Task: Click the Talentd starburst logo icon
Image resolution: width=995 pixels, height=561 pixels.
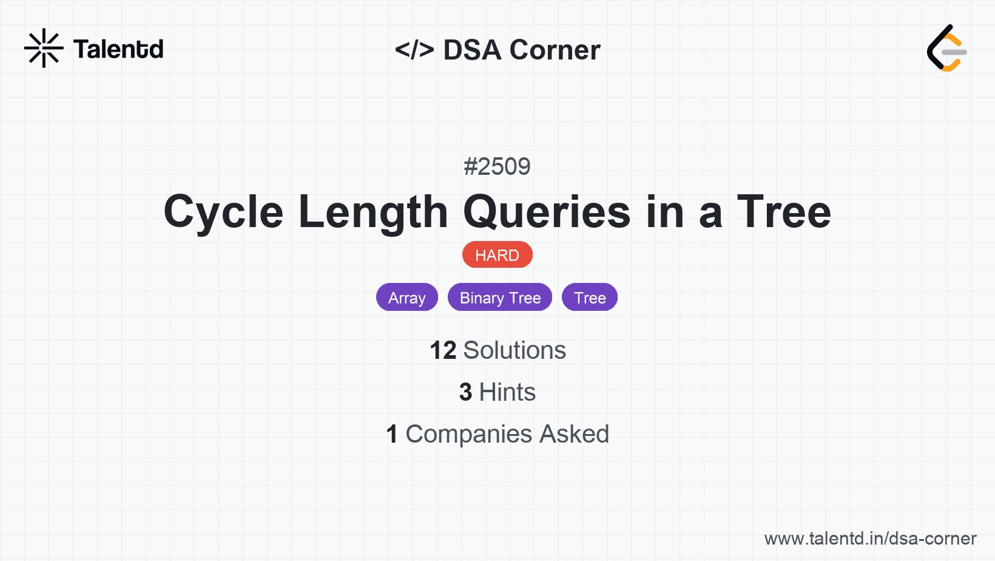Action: [44, 48]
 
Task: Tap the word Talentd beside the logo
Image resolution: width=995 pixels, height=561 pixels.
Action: [118, 49]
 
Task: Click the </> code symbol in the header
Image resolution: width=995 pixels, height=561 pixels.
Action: [414, 50]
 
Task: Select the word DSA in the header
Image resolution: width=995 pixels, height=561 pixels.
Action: [472, 50]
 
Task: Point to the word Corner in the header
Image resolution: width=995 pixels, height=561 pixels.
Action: [555, 50]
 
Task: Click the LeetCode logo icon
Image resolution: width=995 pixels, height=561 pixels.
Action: [946, 48]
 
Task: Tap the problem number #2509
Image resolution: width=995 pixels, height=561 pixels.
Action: [497, 167]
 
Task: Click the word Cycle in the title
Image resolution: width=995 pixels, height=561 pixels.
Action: [223, 212]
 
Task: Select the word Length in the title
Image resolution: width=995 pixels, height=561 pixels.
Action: [373, 212]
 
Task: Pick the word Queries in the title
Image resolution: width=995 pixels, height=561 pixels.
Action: [547, 212]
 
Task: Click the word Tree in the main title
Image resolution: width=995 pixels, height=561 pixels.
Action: [784, 212]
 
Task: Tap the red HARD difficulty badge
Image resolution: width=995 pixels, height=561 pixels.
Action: [497, 255]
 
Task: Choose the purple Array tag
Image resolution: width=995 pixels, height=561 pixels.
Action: [407, 297]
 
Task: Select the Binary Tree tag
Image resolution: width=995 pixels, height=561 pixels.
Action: [500, 297]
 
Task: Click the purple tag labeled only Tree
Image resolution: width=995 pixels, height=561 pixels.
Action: [590, 297]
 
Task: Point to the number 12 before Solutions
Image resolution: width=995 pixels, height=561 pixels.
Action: [443, 350]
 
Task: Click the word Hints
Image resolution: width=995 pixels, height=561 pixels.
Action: [507, 392]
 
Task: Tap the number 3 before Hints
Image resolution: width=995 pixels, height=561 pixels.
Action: [465, 392]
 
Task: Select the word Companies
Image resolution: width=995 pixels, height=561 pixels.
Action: [468, 434]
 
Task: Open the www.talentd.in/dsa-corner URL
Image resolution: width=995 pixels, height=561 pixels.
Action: [870, 539]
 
